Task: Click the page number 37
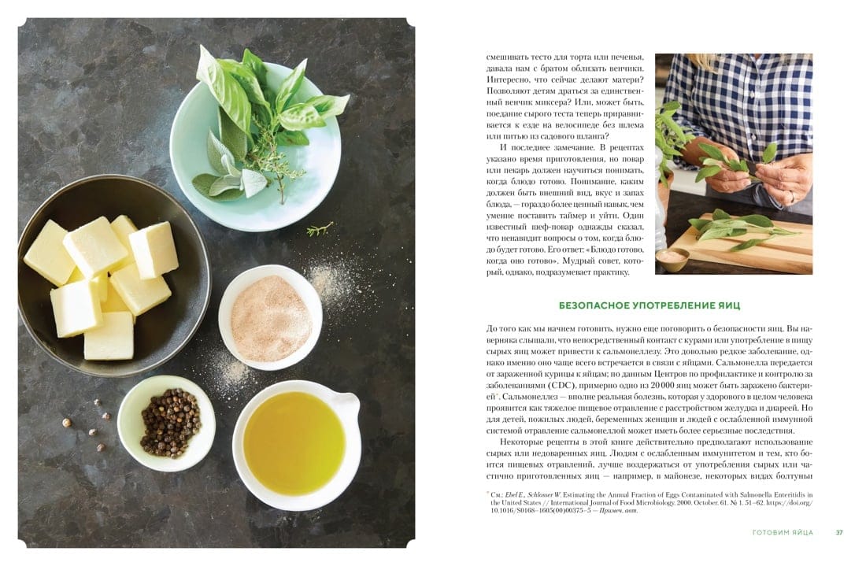pos(839,532)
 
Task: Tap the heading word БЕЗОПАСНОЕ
pos(594,305)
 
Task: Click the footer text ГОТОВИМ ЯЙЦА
pos(783,532)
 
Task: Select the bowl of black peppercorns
pos(167,422)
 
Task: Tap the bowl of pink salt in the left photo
pos(270,317)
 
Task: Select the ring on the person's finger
pos(793,197)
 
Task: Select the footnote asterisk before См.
pos(488,493)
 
